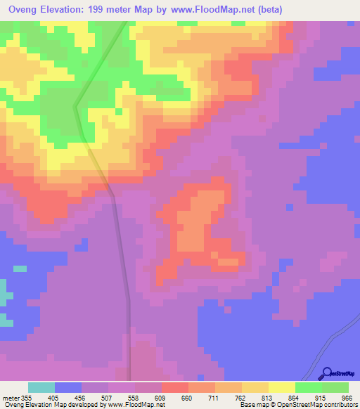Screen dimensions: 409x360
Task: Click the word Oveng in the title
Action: coord(25,9)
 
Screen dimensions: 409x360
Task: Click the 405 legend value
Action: coord(55,397)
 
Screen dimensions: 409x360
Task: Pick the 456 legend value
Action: coord(82,397)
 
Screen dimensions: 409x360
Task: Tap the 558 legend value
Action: coord(135,397)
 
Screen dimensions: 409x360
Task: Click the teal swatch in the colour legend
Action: coord(41,387)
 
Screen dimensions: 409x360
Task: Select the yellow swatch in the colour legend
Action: coord(281,387)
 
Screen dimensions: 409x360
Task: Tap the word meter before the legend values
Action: coord(10,397)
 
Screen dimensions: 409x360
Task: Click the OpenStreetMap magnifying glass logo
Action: coord(326,373)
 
